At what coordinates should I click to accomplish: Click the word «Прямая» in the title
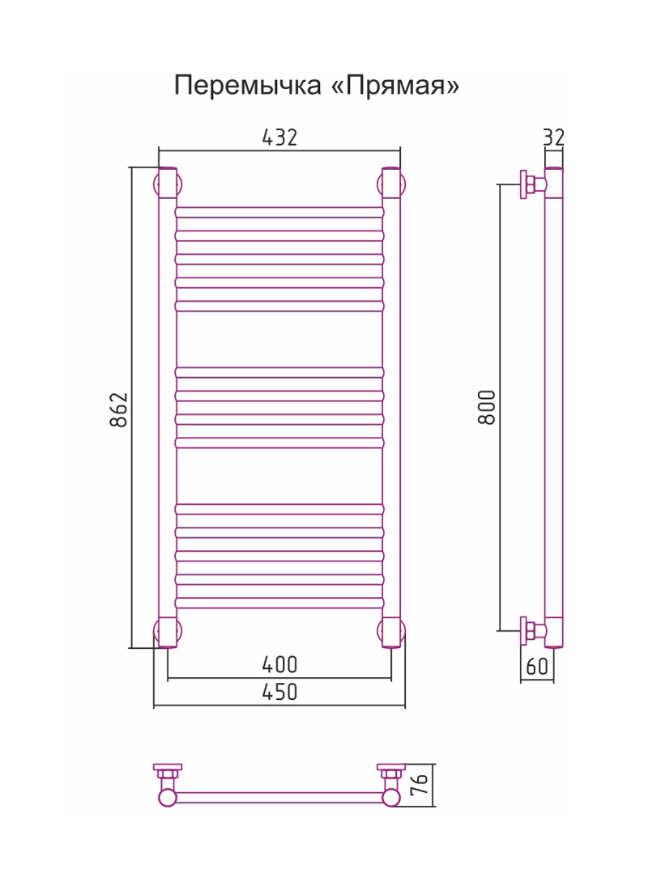(x=395, y=86)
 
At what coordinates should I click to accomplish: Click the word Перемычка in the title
(x=247, y=86)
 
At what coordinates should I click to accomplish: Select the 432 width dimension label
(x=279, y=138)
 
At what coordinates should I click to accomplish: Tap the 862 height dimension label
(x=119, y=409)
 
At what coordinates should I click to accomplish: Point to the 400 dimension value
(x=279, y=664)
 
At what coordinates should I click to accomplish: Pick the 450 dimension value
(x=279, y=692)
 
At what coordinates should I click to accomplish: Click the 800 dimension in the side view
(x=487, y=407)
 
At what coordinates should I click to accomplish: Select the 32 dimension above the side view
(x=554, y=138)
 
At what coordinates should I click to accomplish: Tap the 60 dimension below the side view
(x=537, y=666)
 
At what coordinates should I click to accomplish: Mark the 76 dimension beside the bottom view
(x=420, y=785)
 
